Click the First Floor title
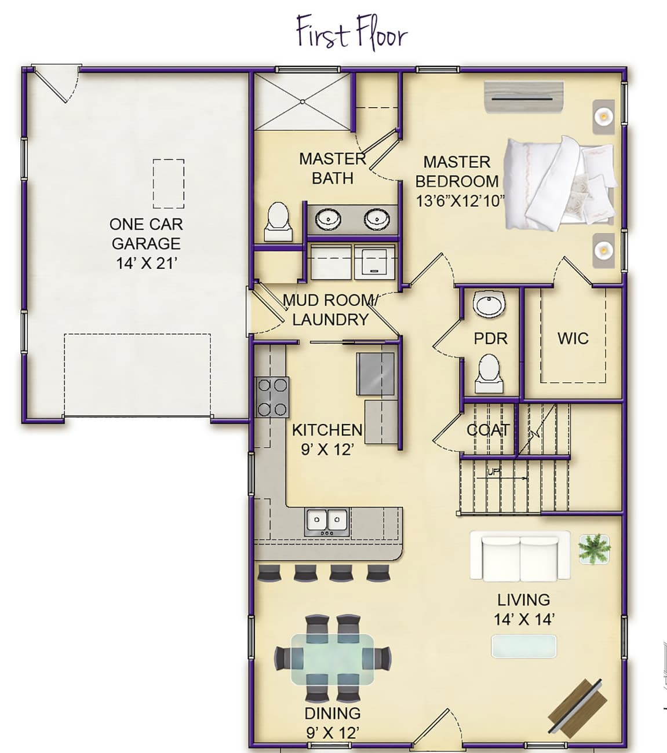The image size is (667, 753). point(352,32)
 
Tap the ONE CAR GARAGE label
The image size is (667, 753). point(146,233)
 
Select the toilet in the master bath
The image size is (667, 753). point(277,221)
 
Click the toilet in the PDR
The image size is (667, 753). point(489,373)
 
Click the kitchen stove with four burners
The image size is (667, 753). point(272,397)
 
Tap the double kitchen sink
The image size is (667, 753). point(327,520)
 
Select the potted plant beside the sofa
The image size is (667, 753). point(595,547)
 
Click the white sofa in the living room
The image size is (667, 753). point(520,557)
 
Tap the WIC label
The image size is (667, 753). point(573,338)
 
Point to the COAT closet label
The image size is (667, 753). point(488,430)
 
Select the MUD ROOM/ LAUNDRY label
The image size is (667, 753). point(330,310)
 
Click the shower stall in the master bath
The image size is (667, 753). point(302,101)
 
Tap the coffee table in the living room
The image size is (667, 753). point(523,646)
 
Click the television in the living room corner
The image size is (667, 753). point(578,703)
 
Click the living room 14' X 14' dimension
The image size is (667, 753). point(524,619)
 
